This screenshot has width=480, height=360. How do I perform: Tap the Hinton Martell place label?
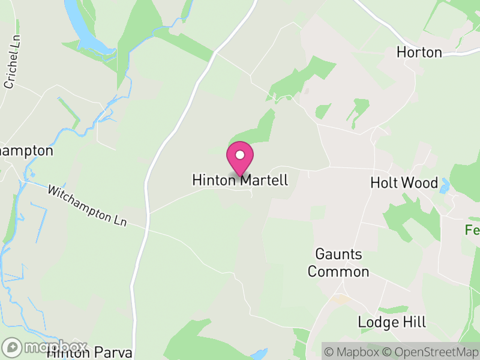[240, 180]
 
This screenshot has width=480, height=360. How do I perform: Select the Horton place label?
[419, 53]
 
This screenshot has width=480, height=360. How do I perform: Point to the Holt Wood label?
[404, 183]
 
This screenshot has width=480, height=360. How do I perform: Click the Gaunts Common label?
[338, 263]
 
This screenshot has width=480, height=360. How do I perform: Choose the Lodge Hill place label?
[392, 322]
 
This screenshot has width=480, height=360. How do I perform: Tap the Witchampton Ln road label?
[88, 206]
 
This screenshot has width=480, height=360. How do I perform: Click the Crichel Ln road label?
[10, 70]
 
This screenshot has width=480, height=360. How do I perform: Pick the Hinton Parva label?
[90, 352]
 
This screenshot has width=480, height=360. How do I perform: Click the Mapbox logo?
[45, 347]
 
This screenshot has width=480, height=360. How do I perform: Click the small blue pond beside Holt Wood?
[445, 188]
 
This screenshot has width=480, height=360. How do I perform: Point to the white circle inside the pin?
[240, 155]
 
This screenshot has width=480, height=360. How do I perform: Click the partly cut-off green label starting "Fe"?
[472, 230]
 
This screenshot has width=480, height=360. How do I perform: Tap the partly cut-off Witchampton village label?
[26, 151]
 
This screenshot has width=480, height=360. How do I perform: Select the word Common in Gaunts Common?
[338, 271]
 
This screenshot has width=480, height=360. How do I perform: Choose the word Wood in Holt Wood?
[421, 183]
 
